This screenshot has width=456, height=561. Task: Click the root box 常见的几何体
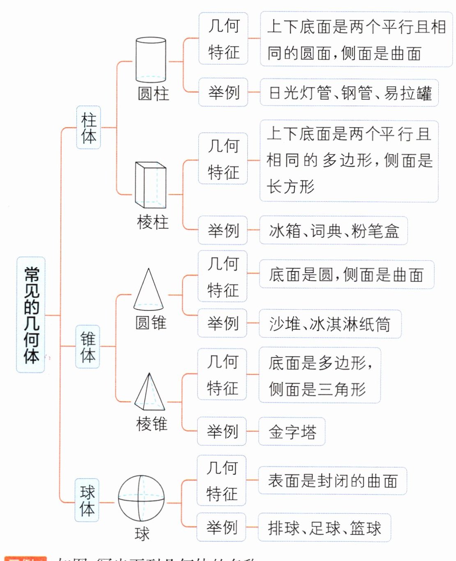31,315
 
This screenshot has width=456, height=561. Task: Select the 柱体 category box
88,127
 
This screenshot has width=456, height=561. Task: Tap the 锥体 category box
88,347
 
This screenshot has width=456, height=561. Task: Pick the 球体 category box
87,500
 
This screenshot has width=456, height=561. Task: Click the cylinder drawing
151,60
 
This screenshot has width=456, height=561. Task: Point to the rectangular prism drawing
151,185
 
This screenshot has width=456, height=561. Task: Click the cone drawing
148,290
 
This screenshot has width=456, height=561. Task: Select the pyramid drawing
150,392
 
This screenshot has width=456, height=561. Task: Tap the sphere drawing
141,498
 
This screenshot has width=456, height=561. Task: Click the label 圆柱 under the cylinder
153,94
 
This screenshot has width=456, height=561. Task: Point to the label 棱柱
152,222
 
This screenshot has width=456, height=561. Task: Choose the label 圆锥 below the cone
151,323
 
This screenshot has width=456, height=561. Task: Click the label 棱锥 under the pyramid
152,424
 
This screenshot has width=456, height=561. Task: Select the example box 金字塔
292,432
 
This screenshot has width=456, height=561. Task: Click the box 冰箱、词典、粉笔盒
333,231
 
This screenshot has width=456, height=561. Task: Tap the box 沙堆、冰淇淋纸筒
330,324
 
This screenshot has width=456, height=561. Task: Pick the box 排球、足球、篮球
324,528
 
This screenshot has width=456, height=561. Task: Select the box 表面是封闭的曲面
332,481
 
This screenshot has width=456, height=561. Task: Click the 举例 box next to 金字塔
222,431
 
